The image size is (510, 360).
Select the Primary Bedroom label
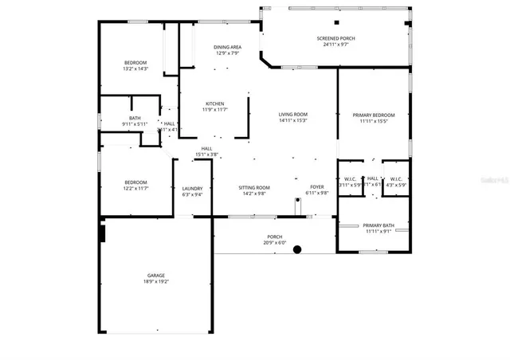click(x=372, y=115)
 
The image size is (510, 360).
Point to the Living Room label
click(x=292, y=115)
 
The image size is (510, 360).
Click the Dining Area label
click(x=227, y=48)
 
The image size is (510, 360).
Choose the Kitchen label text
click(x=214, y=104)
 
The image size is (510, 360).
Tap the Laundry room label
click(x=192, y=188)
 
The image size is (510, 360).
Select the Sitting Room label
click(x=254, y=188)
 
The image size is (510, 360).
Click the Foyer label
click(x=317, y=188)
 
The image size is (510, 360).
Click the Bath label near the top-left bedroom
click(x=135, y=119)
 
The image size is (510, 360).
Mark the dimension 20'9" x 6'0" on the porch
click(x=274, y=242)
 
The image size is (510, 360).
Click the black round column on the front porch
click(x=297, y=249)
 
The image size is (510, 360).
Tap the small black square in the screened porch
click(x=336, y=22)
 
